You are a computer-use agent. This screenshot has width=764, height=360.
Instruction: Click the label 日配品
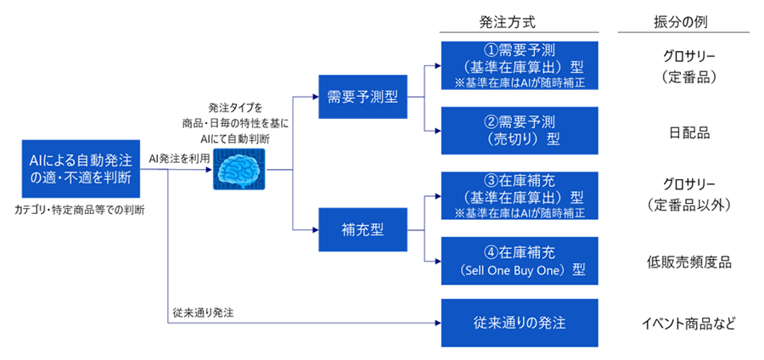[688, 132]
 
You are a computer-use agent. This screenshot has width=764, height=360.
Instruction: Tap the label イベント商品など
[688, 323]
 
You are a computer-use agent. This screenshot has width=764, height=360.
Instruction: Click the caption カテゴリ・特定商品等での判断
[80, 208]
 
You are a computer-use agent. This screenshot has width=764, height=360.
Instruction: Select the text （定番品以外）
[688, 205]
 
